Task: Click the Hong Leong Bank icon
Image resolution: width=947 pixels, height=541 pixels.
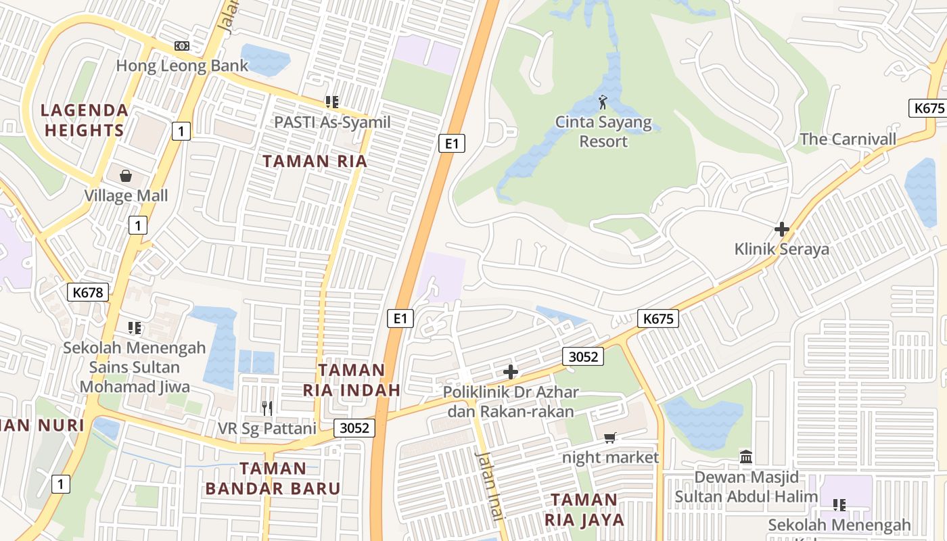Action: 182,46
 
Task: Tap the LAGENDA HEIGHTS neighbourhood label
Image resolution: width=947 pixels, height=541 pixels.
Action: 84,120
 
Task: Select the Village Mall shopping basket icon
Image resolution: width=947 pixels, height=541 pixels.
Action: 126,177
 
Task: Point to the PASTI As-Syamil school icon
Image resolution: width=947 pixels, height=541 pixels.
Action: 331,102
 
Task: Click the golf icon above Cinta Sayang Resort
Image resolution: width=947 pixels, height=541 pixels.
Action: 603,103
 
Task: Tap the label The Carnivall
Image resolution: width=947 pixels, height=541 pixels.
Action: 848,139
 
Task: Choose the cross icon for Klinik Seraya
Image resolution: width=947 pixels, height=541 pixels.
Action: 782,229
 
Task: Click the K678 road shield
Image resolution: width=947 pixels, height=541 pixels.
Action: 88,292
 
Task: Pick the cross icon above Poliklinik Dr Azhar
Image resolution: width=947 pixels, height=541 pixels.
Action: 511,371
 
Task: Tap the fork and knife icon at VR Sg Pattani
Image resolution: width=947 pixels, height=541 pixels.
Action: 267,408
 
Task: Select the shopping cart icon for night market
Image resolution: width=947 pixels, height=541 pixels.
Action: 610,438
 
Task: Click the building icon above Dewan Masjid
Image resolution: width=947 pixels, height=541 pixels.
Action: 746,457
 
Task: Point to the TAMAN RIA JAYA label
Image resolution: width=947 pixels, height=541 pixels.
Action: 584,509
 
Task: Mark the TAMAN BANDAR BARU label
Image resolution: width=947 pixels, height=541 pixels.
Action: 273,478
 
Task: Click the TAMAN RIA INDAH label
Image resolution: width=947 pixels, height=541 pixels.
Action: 352,380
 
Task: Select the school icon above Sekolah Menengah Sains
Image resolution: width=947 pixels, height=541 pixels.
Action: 135,328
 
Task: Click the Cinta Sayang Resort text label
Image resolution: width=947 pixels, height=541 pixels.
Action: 603,132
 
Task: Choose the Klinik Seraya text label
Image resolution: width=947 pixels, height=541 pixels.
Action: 781,249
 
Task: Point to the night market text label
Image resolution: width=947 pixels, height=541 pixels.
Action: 610,457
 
